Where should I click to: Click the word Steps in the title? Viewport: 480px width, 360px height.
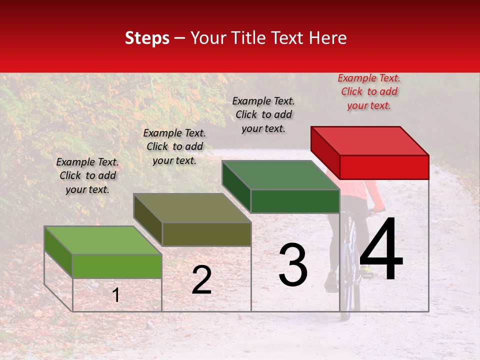(x=147, y=38)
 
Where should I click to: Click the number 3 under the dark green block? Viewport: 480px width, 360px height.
(x=292, y=265)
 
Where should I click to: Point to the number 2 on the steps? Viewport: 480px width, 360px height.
(x=201, y=280)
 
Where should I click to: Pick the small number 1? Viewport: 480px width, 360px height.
(x=116, y=295)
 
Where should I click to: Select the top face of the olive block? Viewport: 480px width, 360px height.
(x=192, y=208)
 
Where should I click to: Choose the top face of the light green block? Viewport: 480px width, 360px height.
(x=103, y=240)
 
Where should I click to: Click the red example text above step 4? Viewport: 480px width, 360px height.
(x=369, y=91)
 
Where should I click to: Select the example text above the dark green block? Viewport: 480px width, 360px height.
(x=263, y=114)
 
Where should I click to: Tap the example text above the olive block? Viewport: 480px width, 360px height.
(x=174, y=146)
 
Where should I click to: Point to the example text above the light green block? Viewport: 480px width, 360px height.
(x=87, y=175)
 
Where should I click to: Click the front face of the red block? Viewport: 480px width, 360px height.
(x=384, y=167)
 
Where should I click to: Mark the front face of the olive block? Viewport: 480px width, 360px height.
(x=206, y=234)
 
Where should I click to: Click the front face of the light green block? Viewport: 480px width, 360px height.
(x=117, y=266)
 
